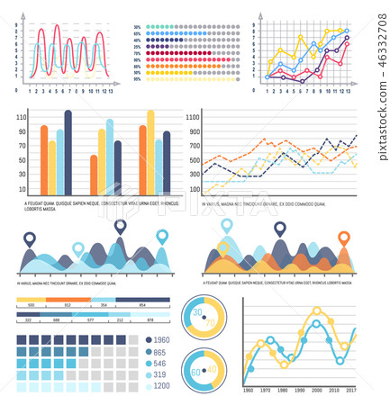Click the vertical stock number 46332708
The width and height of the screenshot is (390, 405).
click(x=381, y=72)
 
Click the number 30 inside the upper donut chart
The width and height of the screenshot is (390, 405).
click(x=197, y=310)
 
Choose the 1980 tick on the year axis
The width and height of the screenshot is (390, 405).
click(x=282, y=391)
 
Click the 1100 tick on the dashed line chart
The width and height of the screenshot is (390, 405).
click(x=193, y=115)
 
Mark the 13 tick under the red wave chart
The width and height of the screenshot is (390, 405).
click(x=110, y=91)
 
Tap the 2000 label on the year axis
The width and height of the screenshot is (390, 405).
click(x=316, y=391)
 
